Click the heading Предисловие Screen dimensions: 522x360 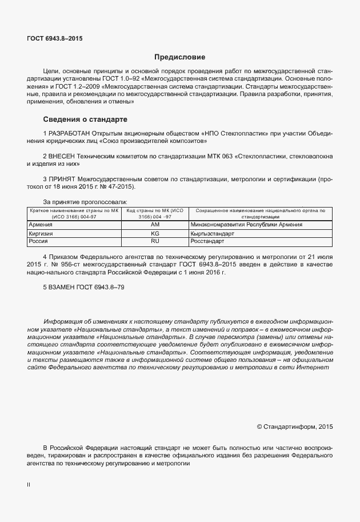point(179,57)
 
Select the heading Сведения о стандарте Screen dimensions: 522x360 point(85,119)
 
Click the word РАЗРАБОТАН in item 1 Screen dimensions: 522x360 point(70,133)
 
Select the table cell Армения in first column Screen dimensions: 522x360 point(41,225)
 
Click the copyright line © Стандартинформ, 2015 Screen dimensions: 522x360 point(295,426)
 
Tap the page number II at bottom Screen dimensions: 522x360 point(29,484)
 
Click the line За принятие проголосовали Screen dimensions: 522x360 point(85,202)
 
